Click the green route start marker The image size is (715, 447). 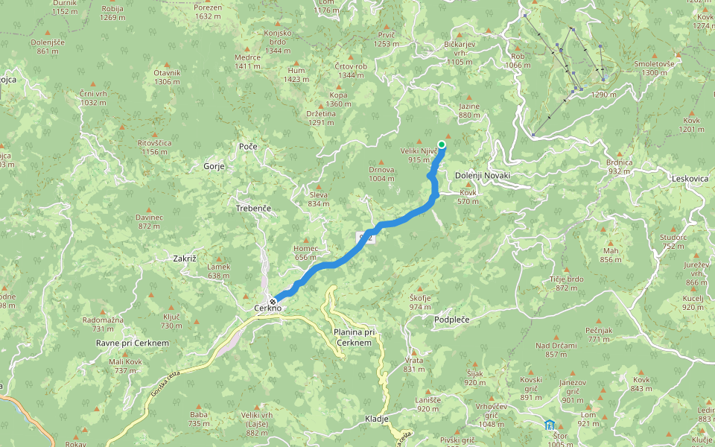(x=442, y=145)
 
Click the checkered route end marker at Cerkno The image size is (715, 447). (x=273, y=300)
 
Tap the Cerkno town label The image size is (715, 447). (x=267, y=309)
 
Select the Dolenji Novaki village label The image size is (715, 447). (x=483, y=175)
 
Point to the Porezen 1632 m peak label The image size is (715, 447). (x=208, y=12)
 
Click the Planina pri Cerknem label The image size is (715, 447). (x=354, y=337)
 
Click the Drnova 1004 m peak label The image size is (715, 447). (x=381, y=174)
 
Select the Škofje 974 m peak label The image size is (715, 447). (x=420, y=302)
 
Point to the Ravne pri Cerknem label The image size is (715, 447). (x=133, y=343)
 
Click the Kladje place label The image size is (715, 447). (x=378, y=419)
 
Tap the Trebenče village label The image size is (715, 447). (x=253, y=209)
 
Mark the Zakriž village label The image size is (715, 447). (x=184, y=258)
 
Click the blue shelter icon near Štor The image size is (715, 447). (x=549, y=425)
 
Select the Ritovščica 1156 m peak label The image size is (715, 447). (x=155, y=146)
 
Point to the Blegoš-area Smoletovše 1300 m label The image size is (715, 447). (x=654, y=68)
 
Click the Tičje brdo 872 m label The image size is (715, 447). (x=566, y=283)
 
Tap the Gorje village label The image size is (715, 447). (x=214, y=166)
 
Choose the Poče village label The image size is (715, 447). (x=248, y=146)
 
